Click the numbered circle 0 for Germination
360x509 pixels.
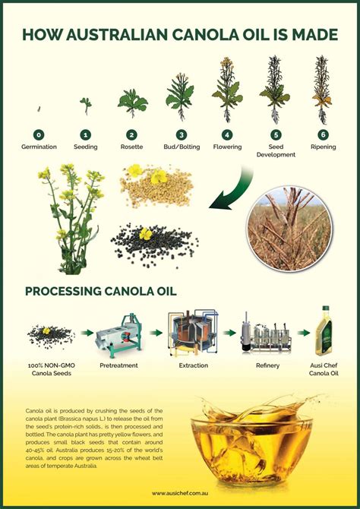(x=39, y=134)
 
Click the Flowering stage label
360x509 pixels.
(x=227, y=147)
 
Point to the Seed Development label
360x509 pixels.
(x=275, y=150)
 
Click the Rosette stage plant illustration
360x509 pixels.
(x=133, y=102)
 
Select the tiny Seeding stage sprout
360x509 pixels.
(x=86, y=106)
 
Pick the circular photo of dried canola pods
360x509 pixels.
(x=291, y=227)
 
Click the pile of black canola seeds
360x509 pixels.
(x=144, y=245)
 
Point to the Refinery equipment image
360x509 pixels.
(x=267, y=334)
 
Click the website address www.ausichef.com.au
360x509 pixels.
(x=179, y=492)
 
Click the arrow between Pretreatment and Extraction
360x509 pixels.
(x=156, y=333)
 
